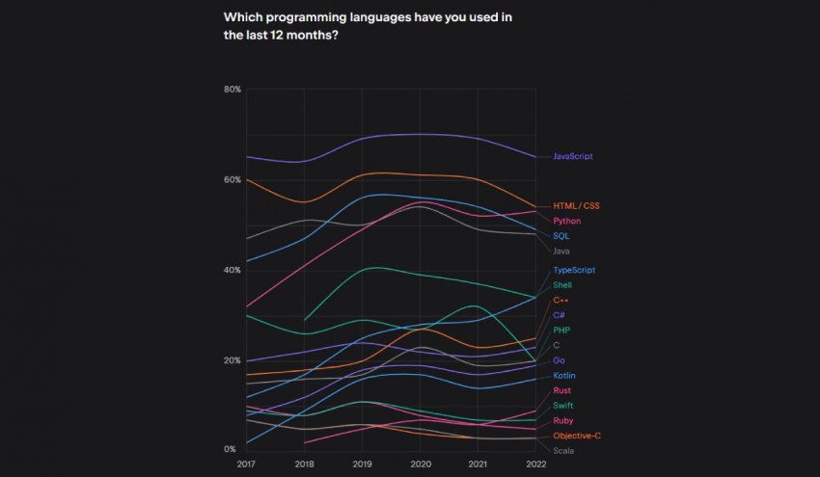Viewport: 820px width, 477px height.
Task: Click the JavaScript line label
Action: click(x=572, y=156)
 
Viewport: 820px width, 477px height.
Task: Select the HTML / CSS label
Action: click(x=576, y=206)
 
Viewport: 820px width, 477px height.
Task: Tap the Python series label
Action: click(x=566, y=221)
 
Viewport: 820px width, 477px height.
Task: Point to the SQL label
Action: click(x=560, y=236)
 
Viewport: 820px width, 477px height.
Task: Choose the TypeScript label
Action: click(x=573, y=271)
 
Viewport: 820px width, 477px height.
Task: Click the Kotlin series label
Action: click(x=564, y=376)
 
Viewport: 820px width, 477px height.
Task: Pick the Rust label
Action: click(x=562, y=390)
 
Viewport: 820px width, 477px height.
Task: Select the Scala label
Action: click(x=563, y=450)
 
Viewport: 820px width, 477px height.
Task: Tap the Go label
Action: click(x=559, y=360)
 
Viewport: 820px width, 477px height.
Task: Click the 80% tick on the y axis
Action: click(x=232, y=90)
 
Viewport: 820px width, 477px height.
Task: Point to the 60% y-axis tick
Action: click(x=232, y=180)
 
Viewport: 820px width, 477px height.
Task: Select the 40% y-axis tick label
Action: click(x=232, y=270)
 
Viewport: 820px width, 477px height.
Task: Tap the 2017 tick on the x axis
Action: click(x=246, y=464)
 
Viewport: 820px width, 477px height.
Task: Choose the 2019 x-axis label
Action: click(x=362, y=464)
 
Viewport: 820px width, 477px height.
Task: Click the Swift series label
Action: click(x=563, y=406)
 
